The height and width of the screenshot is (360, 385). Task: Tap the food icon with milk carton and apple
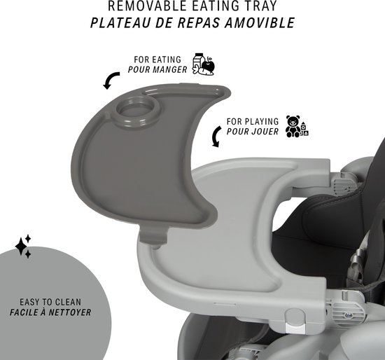coord(204,64)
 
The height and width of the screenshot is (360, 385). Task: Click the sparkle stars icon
coord(23,247)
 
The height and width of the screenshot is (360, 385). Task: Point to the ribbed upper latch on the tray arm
coord(343,184)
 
